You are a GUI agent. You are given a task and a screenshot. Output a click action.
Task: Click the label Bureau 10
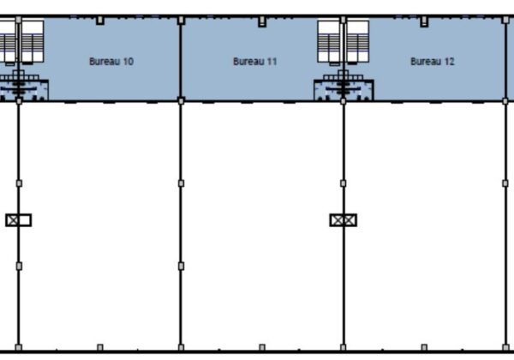(111, 62)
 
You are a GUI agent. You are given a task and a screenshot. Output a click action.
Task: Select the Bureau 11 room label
(254, 62)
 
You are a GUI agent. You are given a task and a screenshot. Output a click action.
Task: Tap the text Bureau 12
(433, 62)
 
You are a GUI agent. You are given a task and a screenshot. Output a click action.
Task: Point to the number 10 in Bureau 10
(128, 62)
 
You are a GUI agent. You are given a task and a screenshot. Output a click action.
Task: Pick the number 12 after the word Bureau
(449, 62)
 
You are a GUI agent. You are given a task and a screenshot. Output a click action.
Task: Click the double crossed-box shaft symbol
(344, 220)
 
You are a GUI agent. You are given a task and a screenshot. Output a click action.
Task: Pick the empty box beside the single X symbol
(25, 220)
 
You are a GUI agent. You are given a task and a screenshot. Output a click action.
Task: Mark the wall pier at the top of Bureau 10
(100, 21)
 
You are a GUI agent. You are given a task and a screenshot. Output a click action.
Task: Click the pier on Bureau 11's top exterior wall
(262, 22)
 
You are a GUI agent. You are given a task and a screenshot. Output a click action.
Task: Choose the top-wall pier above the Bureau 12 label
(424, 22)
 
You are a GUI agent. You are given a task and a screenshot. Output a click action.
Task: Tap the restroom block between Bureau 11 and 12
(344, 88)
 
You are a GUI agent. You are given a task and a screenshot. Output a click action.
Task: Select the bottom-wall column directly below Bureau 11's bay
(262, 347)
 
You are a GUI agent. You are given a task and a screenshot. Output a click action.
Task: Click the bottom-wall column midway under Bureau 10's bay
(100, 347)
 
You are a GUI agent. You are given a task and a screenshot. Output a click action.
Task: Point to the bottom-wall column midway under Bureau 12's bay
(424, 347)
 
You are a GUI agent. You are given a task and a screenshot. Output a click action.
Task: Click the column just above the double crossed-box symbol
(344, 183)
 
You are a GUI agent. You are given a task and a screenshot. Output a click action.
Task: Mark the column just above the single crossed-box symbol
(19, 183)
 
